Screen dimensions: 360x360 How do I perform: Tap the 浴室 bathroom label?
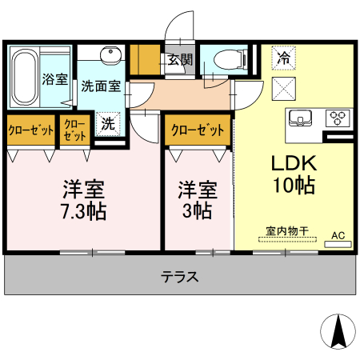[54, 80]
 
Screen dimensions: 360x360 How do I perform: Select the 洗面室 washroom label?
[101, 87]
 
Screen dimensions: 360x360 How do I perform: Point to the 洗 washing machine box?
[107, 124]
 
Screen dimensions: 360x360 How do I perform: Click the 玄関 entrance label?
[180, 58]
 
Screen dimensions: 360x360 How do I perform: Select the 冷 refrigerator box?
[283, 57]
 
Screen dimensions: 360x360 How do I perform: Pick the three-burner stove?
[337, 118]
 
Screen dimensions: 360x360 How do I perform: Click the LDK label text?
[294, 164]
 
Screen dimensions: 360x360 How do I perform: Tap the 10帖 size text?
[294, 186]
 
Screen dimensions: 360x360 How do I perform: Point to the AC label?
[338, 235]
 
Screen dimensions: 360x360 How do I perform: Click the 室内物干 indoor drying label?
[284, 232]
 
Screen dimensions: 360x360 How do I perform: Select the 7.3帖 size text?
[84, 213]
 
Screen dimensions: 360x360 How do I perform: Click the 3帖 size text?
[196, 213]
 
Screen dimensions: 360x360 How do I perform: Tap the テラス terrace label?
[179, 277]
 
